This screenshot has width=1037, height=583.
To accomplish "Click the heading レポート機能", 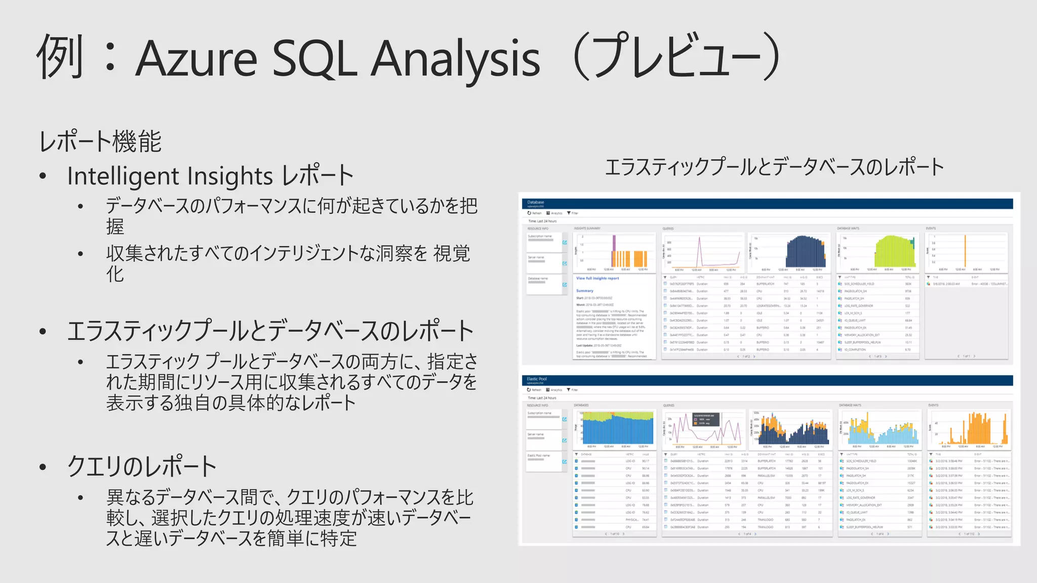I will point(100,141).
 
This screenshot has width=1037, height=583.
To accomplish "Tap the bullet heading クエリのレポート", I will point(142,466).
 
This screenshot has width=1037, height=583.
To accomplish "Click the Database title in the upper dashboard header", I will point(535,202).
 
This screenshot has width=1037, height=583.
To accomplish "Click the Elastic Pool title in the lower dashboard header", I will point(536,379).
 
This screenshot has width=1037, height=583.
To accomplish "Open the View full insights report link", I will point(597,278).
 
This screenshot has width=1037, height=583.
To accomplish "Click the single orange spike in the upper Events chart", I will point(965,251).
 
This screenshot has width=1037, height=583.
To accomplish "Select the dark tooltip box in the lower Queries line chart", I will point(706,420).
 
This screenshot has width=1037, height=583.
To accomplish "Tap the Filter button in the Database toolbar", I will point(572,213).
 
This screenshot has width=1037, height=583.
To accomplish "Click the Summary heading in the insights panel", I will point(584,290).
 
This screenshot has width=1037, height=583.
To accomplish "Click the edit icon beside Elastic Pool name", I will point(565,462).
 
